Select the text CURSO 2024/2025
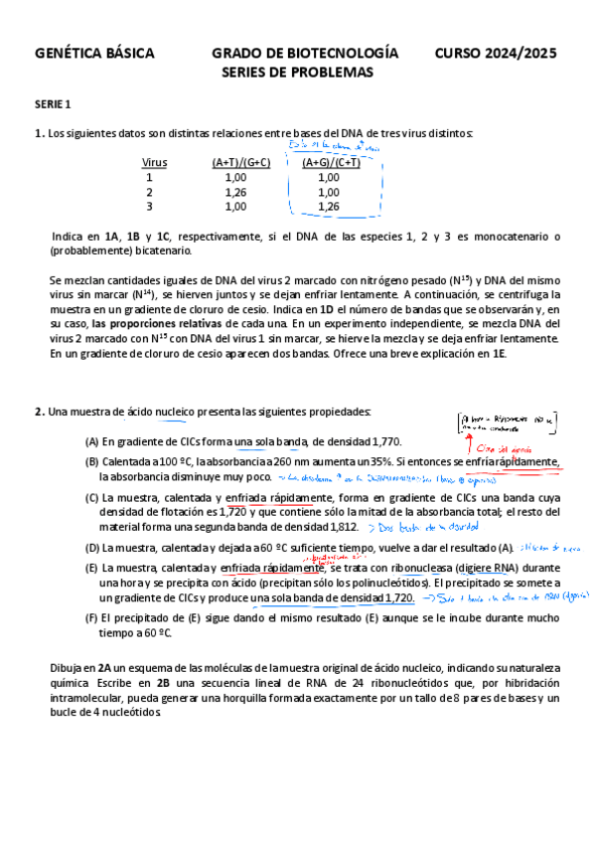point(495,53)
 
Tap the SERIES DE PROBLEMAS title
point(297,73)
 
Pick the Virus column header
point(154,162)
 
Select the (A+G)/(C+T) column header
point(331,162)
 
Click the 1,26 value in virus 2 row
point(235,192)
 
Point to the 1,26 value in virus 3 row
point(328,207)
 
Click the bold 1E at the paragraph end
point(498,353)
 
